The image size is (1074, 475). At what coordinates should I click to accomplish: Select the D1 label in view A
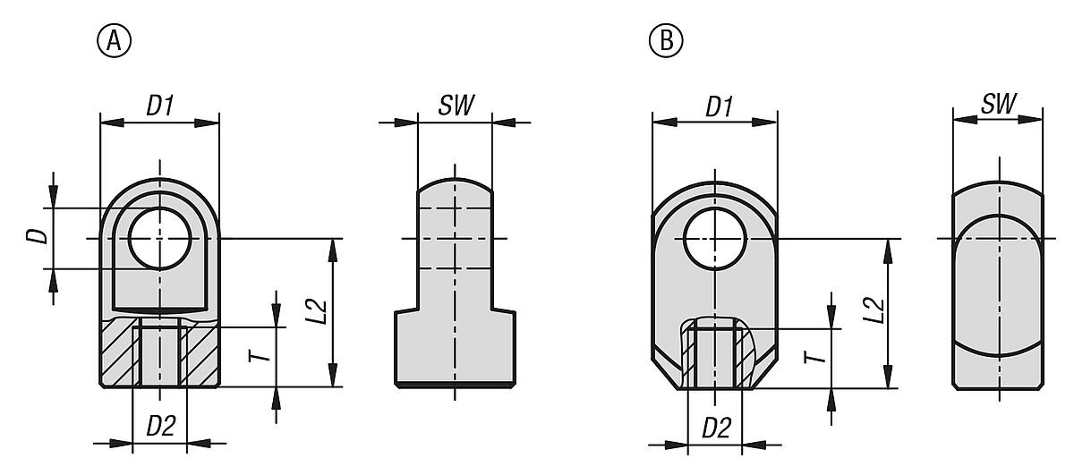coord(160,106)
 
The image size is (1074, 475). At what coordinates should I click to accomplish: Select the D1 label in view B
coord(719,106)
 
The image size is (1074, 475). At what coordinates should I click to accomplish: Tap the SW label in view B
coord(998,104)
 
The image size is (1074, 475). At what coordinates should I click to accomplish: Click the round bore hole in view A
coord(159,238)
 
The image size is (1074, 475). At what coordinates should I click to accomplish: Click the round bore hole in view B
coord(714,239)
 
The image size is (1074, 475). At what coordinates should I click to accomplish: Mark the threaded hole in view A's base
coord(159,356)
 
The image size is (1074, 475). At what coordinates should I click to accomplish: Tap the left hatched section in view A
coord(116,353)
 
